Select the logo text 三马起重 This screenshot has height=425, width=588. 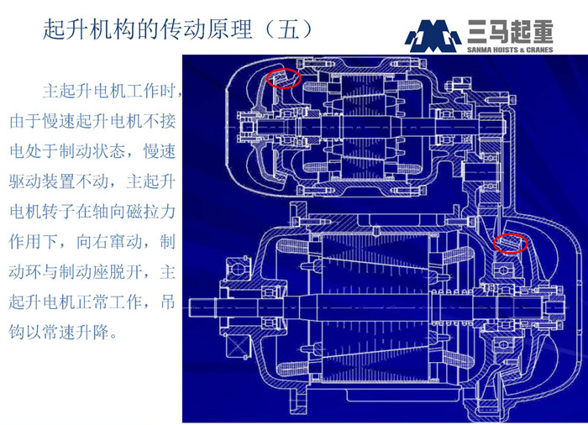(509, 29)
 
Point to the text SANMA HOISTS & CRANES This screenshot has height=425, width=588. (509, 49)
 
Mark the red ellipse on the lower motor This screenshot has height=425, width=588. (510, 243)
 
